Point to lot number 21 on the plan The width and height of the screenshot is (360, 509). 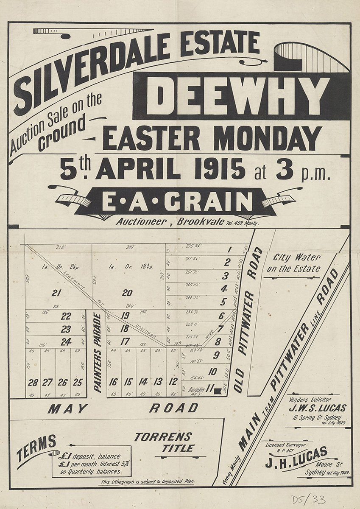(57, 293)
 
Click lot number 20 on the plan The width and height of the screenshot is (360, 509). (127, 293)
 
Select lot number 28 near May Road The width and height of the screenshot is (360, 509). (33, 382)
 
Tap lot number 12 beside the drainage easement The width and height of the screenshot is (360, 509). (173, 381)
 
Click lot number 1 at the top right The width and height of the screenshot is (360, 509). (229, 249)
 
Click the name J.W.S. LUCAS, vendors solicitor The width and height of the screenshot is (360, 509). (317, 408)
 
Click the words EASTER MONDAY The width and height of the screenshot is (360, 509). (211, 138)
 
